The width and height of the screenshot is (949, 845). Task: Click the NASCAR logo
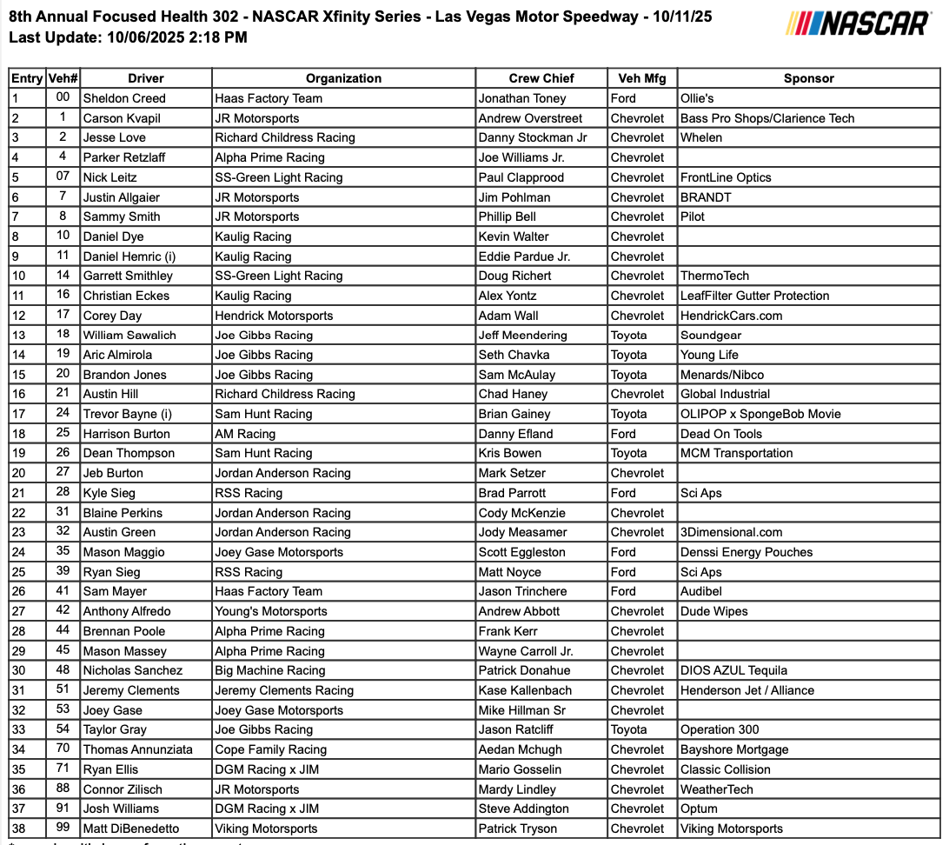pyautogui.click(x=858, y=23)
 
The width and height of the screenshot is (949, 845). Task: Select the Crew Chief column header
pyautogui.click(x=541, y=78)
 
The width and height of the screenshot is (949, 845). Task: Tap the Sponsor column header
pyautogui.click(x=808, y=78)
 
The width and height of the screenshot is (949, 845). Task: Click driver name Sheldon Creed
pyautogui.click(x=124, y=98)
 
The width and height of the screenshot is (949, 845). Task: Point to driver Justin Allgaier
pyautogui.click(x=122, y=197)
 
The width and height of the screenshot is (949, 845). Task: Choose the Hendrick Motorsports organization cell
pyautogui.click(x=274, y=316)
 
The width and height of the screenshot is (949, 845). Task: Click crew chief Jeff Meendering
pyautogui.click(x=522, y=335)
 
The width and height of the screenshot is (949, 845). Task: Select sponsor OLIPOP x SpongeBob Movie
pyautogui.click(x=760, y=414)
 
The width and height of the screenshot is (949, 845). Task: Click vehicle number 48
pyautogui.click(x=63, y=670)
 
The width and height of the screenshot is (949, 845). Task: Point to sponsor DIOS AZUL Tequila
pyautogui.click(x=733, y=670)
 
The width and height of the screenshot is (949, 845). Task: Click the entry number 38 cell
pyautogui.click(x=20, y=828)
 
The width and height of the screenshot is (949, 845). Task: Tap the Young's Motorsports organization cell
pyautogui.click(x=271, y=611)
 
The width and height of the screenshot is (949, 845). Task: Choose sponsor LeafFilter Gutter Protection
pyautogui.click(x=754, y=296)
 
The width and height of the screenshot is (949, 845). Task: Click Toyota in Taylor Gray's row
pyautogui.click(x=628, y=729)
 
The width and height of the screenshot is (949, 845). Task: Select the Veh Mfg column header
pyautogui.click(x=641, y=78)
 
